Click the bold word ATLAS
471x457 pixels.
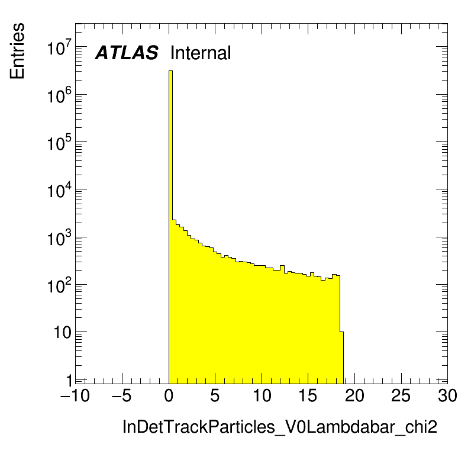tap(127, 53)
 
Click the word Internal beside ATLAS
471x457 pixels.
tap(200, 53)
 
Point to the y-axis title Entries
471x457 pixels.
tap(17, 51)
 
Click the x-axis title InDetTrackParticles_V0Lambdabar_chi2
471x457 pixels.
tap(279, 427)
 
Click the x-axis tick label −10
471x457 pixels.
tap(75, 396)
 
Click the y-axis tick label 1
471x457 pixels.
tap(69, 380)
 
